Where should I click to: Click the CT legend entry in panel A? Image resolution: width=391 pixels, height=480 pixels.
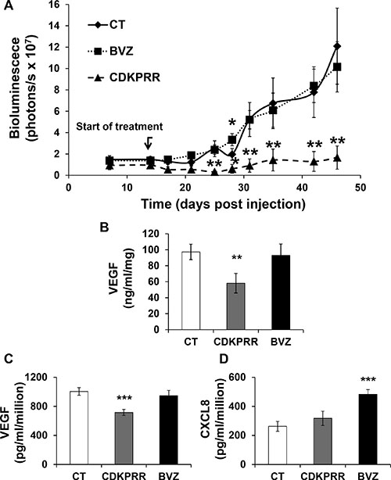106,25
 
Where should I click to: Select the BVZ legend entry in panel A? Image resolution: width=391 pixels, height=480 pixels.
110,51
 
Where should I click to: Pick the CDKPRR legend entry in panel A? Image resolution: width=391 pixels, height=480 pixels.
124,77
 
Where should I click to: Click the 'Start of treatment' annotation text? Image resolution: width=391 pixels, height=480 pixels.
120,127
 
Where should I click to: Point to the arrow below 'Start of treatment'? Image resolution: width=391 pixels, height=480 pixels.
149,143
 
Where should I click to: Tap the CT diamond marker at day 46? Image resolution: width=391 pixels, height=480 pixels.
337,46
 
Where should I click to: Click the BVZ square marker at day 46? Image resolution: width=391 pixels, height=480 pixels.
337,66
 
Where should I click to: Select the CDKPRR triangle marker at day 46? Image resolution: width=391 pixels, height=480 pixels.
337,158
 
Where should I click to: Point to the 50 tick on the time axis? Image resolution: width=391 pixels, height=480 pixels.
361,188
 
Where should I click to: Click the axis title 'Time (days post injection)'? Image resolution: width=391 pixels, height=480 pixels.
223,204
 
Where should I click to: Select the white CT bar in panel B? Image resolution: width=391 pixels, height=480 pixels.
191,291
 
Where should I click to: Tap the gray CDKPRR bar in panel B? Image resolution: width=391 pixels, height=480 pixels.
235,306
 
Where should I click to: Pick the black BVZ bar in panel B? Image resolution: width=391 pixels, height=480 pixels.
281,292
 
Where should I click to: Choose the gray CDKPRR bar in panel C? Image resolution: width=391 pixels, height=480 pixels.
124,439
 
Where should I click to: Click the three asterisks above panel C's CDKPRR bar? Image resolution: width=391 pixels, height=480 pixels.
124,398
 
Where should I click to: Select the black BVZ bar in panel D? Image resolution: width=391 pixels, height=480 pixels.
368,429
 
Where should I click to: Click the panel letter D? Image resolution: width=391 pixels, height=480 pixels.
224,359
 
